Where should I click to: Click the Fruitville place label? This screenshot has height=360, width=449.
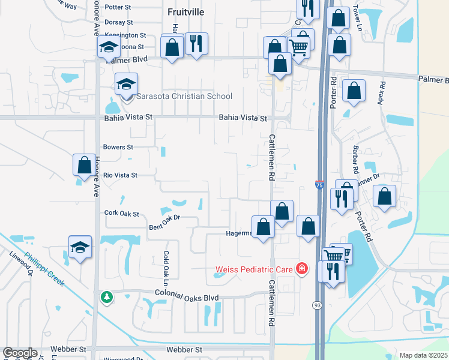point(185,11)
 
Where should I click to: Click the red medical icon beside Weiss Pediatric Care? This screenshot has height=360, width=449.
point(303,269)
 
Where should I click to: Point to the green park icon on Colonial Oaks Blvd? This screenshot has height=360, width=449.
point(106,297)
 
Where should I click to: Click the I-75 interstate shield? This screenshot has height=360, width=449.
point(319,186)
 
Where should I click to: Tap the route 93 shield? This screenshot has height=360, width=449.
point(315,306)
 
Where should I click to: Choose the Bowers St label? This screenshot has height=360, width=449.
point(118,147)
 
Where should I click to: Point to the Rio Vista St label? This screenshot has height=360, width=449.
point(121,175)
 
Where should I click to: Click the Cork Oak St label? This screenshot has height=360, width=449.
point(121,213)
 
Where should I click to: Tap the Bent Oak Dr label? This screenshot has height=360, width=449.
point(164,223)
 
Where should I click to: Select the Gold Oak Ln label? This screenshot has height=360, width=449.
point(166,264)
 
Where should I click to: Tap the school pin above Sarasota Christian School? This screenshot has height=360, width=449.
point(126,84)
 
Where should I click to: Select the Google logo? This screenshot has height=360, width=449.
point(20,353)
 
